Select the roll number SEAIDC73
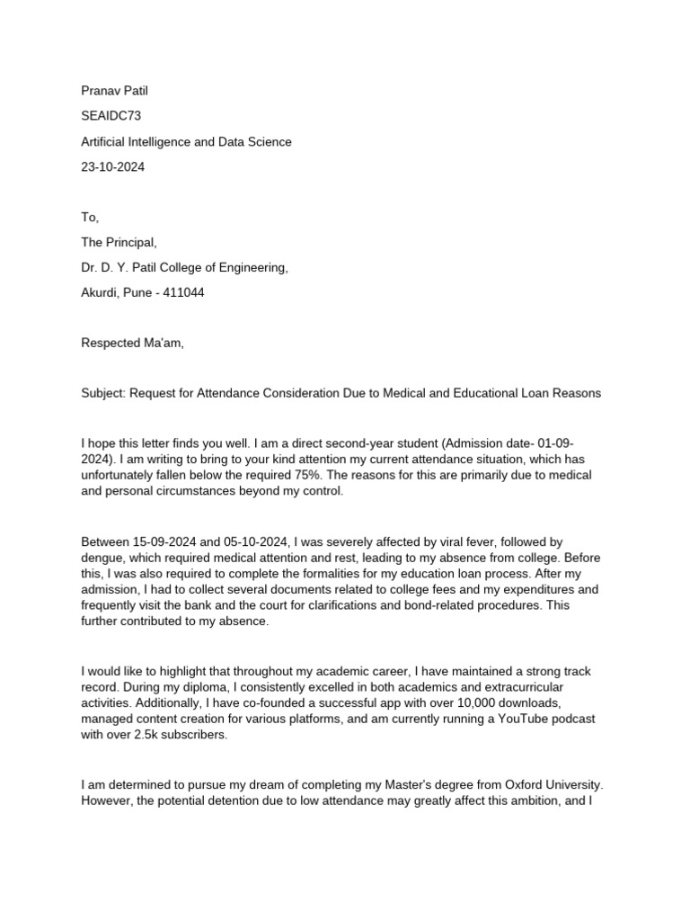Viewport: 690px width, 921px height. pyautogui.click(x=111, y=116)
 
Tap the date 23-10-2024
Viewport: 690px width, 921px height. pyautogui.click(x=112, y=167)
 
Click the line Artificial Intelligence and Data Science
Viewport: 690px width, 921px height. pyautogui.click(x=186, y=142)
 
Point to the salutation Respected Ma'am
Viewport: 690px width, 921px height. pyautogui.click(x=132, y=343)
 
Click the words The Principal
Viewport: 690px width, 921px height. pyautogui.click(x=118, y=243)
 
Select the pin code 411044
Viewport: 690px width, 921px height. pyautogui.click(x=183, y=293)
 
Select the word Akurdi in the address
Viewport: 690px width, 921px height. pyautogui.click(x=102, y=293)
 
